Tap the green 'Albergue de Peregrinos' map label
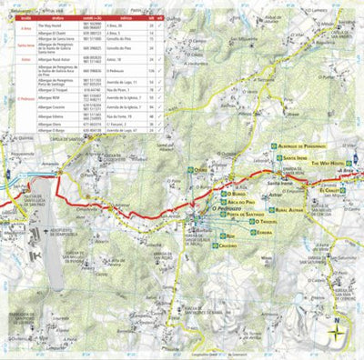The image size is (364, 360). [310, 146]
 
